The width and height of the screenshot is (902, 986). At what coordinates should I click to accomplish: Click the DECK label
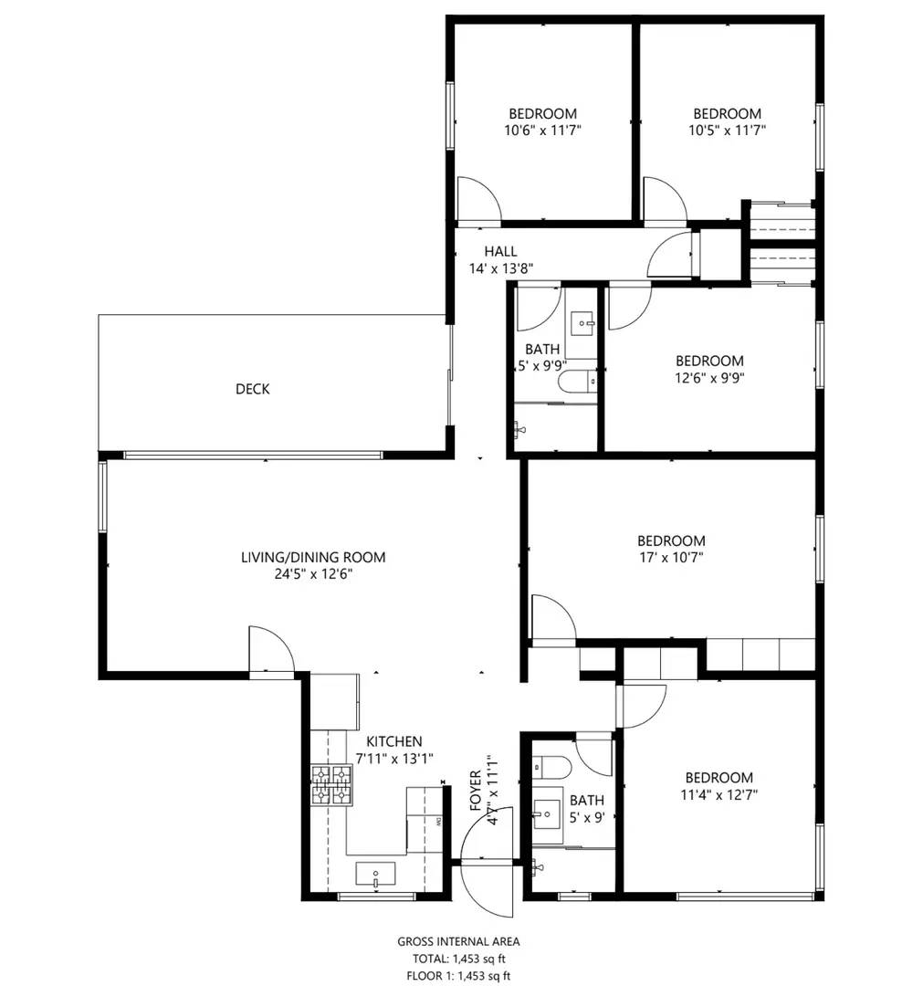click(x=252, y=389)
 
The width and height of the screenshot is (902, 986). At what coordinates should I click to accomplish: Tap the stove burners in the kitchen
click(x=331, y=786)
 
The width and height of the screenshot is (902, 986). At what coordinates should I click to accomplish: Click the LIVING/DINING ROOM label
click(x=312, y=557)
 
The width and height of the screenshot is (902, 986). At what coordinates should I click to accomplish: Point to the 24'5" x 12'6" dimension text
click(x=312, y=574)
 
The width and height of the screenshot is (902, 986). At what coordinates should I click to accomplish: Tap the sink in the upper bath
click(x=582, y=322)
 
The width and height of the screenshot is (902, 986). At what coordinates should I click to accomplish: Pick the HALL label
click(x=500, y=251)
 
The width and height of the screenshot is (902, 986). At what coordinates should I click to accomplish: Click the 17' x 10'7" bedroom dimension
click(x=670, y=557)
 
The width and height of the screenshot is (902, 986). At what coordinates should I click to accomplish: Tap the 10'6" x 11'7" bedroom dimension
click(x=542, y=131)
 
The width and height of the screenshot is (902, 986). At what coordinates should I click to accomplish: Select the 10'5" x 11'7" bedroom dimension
click(x=727, y=131)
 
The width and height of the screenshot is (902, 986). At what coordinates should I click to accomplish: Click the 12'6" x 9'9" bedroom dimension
click(x=708, y=378)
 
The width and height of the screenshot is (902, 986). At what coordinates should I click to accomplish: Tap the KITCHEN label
click(x=393, y=741)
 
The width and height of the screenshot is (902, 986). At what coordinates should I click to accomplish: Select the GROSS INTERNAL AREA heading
click(x=458, y=941)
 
